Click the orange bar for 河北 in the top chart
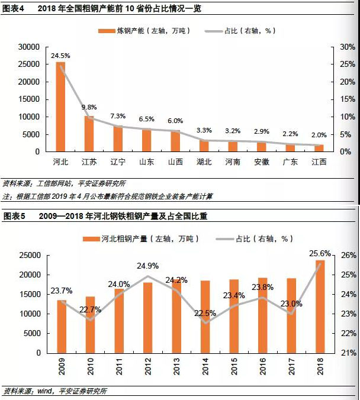pos(60,107)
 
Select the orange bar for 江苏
pos(89,134)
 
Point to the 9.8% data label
pos(89,107)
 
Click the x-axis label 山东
pos(146,161)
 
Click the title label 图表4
pos(14,8)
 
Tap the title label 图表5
pos(14,217)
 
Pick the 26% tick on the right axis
pos(348,256)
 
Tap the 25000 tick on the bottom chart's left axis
pos(28,256)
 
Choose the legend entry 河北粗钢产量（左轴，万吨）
pos(140,239)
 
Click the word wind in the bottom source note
pos(46,391)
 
